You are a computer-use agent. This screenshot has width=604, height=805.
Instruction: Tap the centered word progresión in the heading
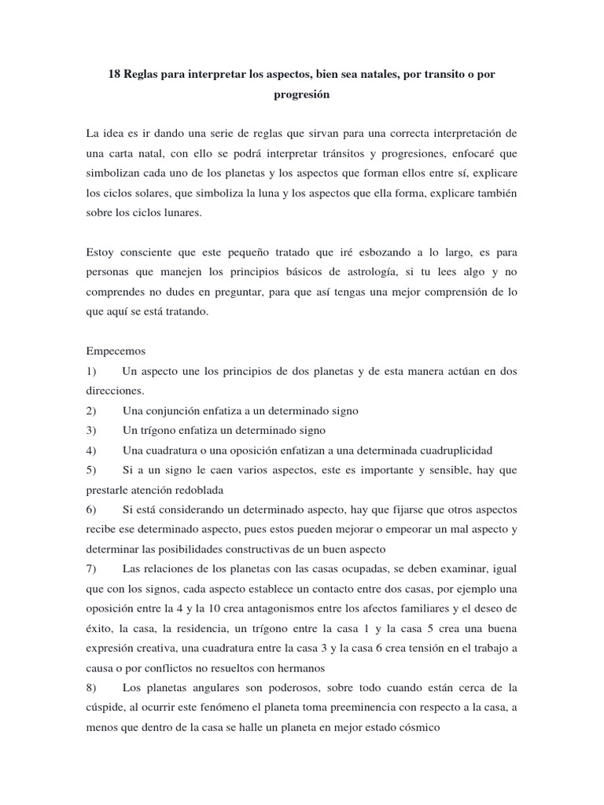[301, 94]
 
